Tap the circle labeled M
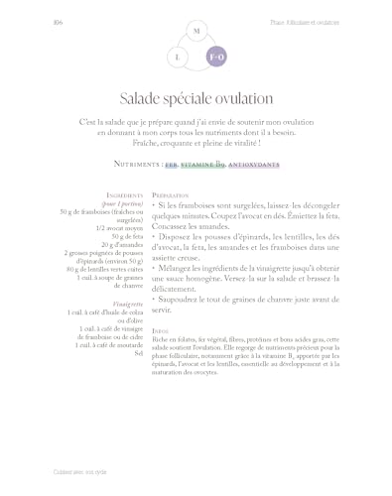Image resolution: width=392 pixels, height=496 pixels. tap(196, 33)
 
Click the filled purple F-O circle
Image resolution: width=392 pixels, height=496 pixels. tap(215, 59)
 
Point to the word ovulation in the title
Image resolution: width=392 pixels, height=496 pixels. tap(243, 98)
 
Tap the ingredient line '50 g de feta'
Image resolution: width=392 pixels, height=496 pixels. tap(128, 237)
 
